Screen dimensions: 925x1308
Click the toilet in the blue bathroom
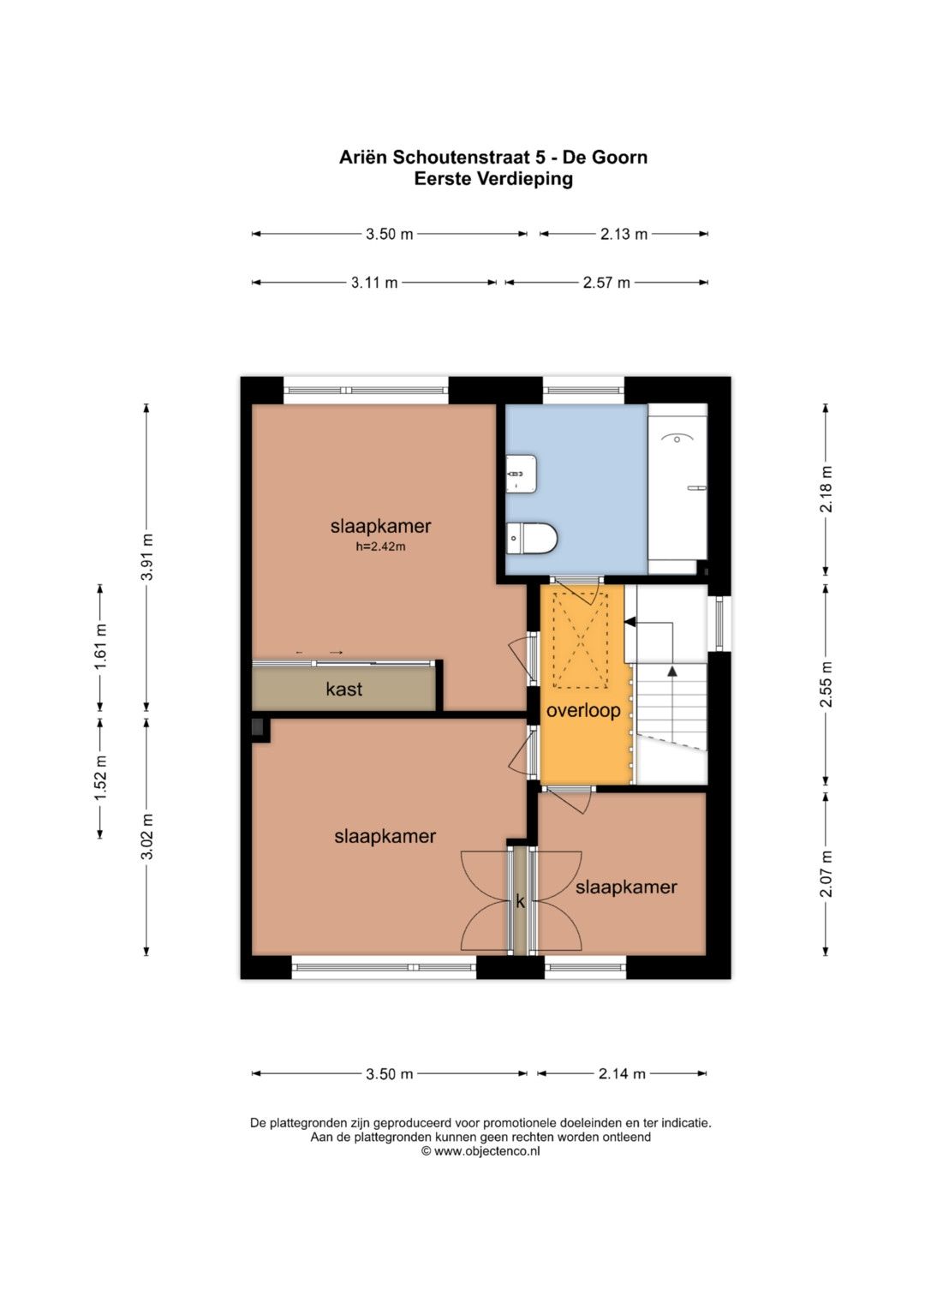point(531,537)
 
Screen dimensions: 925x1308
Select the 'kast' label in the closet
point(344,689)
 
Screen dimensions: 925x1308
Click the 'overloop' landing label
point(582,711)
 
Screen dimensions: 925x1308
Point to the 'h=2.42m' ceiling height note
point(381,547)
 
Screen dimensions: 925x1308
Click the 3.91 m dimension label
point(148,557)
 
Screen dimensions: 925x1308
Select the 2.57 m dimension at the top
point(606,284)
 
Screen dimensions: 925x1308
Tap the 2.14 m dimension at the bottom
point(621,1073)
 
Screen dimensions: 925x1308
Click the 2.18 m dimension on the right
point(827,489)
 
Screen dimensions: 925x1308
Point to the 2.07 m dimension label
point(827,874)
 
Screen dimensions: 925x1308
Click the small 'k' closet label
point(521,902)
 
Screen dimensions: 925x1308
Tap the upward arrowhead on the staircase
point(672,672)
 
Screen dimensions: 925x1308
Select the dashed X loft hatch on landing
point(581,641)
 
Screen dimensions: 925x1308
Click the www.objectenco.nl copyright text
point(480,1168)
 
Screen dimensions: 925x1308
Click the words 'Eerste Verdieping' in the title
point(493,179)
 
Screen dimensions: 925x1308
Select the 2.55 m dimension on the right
point(827,684)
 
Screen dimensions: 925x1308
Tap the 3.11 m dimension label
point(374,284)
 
